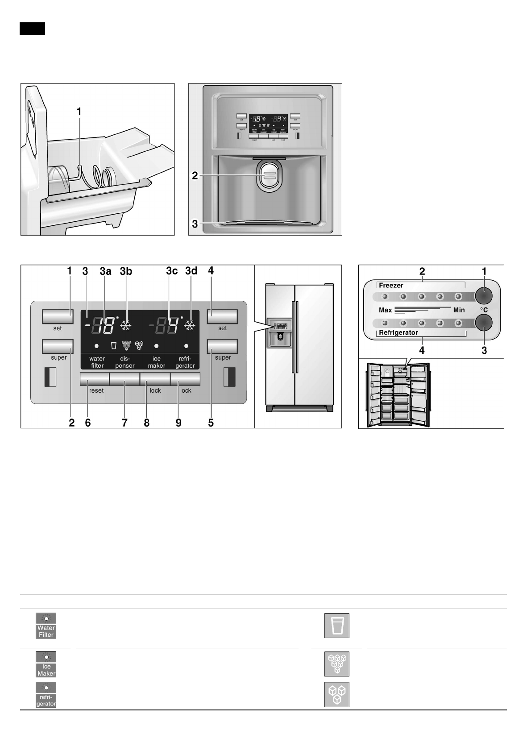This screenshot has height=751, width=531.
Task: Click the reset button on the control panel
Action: coord(95,379)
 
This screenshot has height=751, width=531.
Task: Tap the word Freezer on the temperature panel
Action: coord(391,285)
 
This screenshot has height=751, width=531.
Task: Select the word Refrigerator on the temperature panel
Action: coord(398,332)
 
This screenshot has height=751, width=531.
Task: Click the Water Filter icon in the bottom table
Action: coord(46,626)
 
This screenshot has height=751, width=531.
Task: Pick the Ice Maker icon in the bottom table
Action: coord(46,664)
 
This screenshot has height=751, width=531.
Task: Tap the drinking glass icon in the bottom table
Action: coord(337,626)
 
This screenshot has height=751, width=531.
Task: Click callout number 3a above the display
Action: coord(105,271)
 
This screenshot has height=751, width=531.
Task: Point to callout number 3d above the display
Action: coord(191,271)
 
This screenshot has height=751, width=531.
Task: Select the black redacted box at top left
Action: coord(32,28)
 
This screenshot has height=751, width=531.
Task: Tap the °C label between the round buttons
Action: coord(484,309)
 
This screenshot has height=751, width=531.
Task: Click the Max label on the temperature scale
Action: coord(385,310)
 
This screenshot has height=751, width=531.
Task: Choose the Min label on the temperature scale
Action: coord(459,310)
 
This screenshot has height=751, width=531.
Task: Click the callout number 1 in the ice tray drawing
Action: coord(79,112)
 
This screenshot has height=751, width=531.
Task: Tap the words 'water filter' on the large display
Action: coord(97,362)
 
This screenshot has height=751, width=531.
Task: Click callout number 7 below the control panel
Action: coord(125,423)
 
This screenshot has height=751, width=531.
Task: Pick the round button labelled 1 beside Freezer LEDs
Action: coord(483,296)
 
